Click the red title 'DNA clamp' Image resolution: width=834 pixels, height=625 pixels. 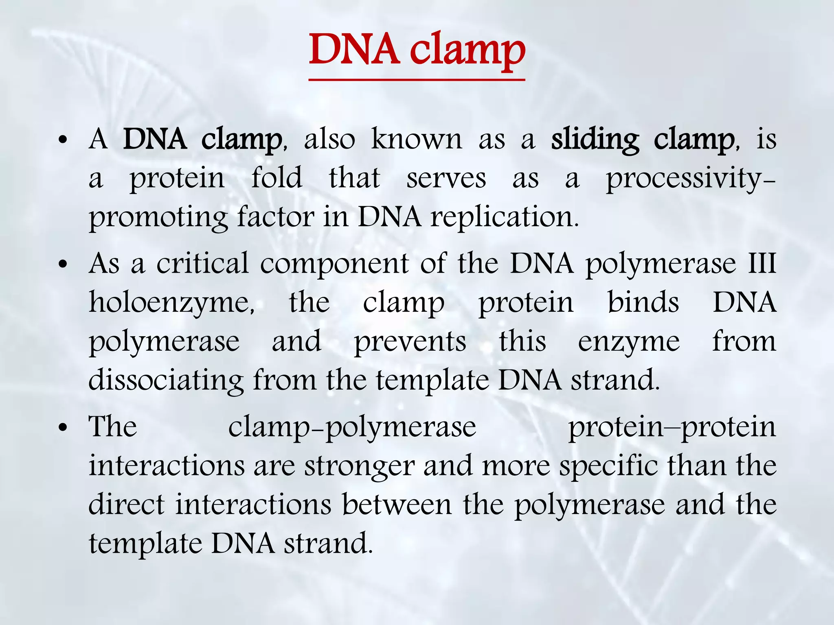417,50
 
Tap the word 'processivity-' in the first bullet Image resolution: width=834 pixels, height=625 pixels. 690,179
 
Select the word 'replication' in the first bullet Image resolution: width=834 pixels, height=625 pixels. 504,217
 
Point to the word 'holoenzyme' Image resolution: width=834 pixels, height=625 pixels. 171,303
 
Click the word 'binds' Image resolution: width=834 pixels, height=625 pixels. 643,303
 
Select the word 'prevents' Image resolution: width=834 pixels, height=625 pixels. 410,342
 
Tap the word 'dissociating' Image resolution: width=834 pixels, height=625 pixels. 166,381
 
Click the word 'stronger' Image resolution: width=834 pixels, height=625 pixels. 359,466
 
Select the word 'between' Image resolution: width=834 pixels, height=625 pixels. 397,505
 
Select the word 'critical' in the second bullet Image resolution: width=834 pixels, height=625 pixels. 202,264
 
